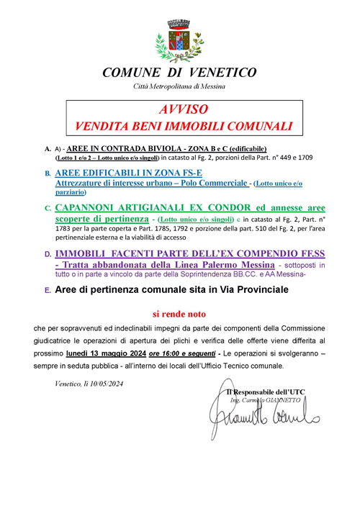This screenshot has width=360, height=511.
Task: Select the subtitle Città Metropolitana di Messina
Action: pos(179,86)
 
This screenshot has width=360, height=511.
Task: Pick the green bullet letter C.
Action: pos(48,209)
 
